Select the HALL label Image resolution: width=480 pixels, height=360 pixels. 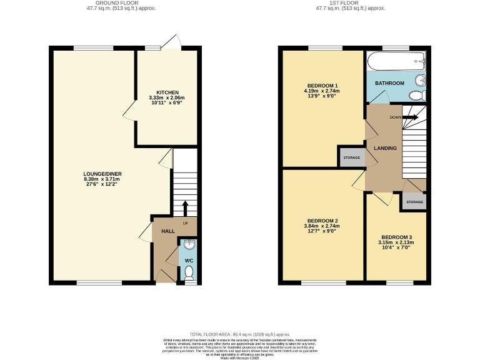coord(167,231)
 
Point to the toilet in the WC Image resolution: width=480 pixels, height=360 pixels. coord(189,272)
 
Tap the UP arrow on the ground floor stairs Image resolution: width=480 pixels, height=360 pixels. coord(185,206)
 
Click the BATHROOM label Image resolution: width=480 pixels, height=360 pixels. coord(389,83)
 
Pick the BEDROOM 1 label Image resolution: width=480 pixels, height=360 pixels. coord(322,86)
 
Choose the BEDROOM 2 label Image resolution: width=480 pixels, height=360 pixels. coord(322,221)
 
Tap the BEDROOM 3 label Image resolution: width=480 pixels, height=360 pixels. coord(396,237)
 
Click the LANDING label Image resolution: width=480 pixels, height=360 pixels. coord(385,148)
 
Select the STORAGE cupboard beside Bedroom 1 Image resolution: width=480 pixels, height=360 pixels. coord(352,157)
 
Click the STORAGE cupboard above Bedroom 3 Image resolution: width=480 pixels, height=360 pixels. coord(414,202)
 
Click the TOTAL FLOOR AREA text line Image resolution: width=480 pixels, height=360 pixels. coord(240,334)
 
